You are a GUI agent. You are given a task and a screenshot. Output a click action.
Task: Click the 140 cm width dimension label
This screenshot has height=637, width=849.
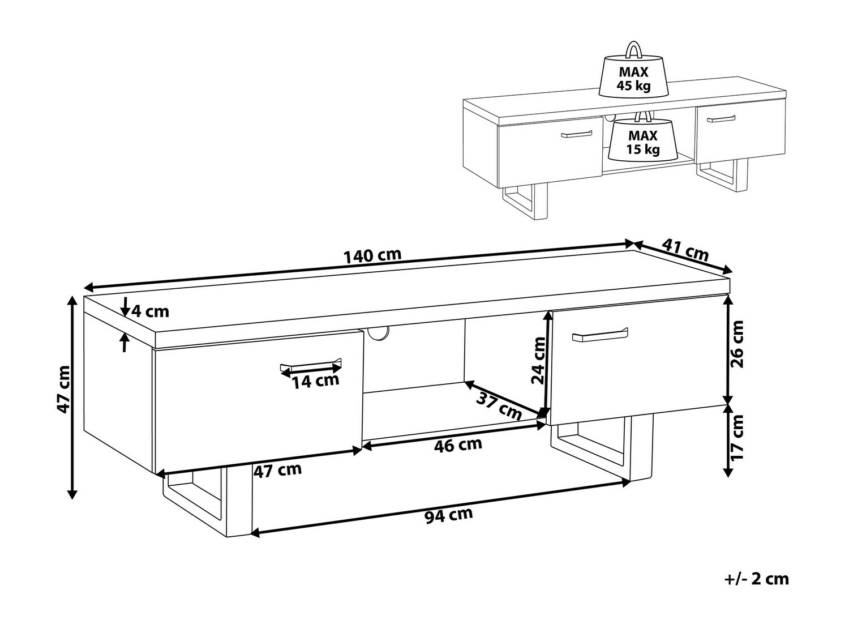point(372,255)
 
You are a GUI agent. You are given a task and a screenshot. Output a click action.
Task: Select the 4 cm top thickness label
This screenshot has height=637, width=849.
point(151,311)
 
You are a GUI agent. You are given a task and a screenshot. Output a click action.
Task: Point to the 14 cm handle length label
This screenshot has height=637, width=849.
point(315,381)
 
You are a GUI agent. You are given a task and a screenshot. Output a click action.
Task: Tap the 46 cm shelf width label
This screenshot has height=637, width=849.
point(458,445)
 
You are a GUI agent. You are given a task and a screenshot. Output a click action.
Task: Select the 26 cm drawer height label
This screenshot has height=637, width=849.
point(736,344)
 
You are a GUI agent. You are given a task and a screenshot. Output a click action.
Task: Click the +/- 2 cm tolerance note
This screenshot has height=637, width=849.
point(756,590)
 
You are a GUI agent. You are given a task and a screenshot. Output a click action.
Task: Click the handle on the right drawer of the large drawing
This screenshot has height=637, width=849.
point(600,335)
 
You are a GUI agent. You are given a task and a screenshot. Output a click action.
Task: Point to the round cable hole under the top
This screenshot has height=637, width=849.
point(378,332)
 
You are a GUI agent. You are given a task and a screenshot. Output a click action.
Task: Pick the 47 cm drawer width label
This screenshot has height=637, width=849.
point(277,471)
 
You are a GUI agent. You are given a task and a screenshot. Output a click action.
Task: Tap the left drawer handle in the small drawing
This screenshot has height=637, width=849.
point(576,134)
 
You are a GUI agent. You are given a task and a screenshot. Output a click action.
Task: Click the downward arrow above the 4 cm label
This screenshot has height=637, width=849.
point(125,306)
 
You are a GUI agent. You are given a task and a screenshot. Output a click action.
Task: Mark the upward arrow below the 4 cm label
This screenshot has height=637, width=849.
point(125,343)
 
